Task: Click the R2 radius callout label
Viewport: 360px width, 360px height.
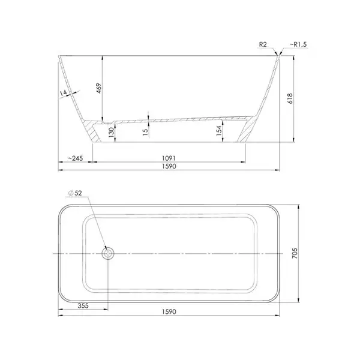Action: pyautogui.click(x=263, y=44)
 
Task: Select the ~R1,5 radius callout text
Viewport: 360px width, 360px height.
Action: pyautogui.click(x=298, y=44)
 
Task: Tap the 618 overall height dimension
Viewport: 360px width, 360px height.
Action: pyautogui.click(x=290, y=98)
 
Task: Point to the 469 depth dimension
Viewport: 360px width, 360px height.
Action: pyautogui.click(x=99, y=88)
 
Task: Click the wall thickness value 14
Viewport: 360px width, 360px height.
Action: pyautogui.click(x=63, y=93)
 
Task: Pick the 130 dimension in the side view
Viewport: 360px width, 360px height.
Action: pyautogui.click(x=111, y=133)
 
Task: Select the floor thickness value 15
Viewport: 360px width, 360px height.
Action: pyautogui.click(x=145, y=132)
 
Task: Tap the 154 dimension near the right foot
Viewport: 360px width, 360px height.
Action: pyautogui.click(x=219, y=131)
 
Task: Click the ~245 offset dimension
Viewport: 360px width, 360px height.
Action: pyautogui.click(x=76, y=158)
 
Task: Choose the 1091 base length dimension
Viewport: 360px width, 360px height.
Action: pyautogui.click(x=169, y=158)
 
